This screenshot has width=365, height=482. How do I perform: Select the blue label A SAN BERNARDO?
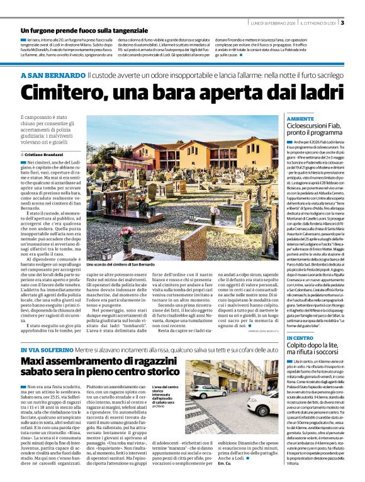pyautogui.click(x=52, y=76)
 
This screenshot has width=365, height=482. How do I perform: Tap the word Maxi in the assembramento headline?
pyautogui.click(x=35, y=362)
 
